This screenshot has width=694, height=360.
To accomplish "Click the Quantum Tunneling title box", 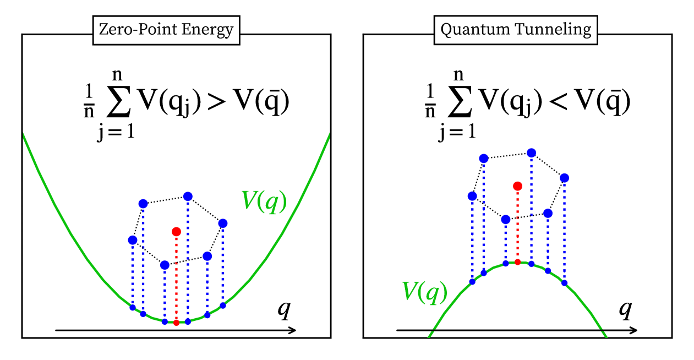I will coord(516,30).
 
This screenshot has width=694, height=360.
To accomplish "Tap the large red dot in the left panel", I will coord(176,231).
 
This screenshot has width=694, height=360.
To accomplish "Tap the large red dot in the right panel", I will coord(517,186).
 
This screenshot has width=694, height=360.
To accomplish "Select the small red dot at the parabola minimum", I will coord(176,322).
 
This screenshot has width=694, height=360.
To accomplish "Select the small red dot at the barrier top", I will coord(517,262).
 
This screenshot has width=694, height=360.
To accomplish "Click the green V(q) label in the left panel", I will coord(264,202).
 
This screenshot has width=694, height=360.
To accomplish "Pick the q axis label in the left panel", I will coord(283,311).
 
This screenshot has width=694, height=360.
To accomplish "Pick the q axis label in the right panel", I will coord(625,310).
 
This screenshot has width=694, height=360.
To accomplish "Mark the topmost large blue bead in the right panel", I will coord(531,152).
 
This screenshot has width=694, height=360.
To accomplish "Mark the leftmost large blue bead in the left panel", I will coord(132,240).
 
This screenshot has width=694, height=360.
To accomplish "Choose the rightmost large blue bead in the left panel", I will coord(223,223).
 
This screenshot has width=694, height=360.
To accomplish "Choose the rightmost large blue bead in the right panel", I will coord(564,178).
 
